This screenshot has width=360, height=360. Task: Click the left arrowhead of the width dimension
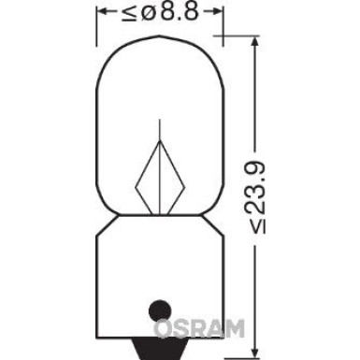(106, 14)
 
